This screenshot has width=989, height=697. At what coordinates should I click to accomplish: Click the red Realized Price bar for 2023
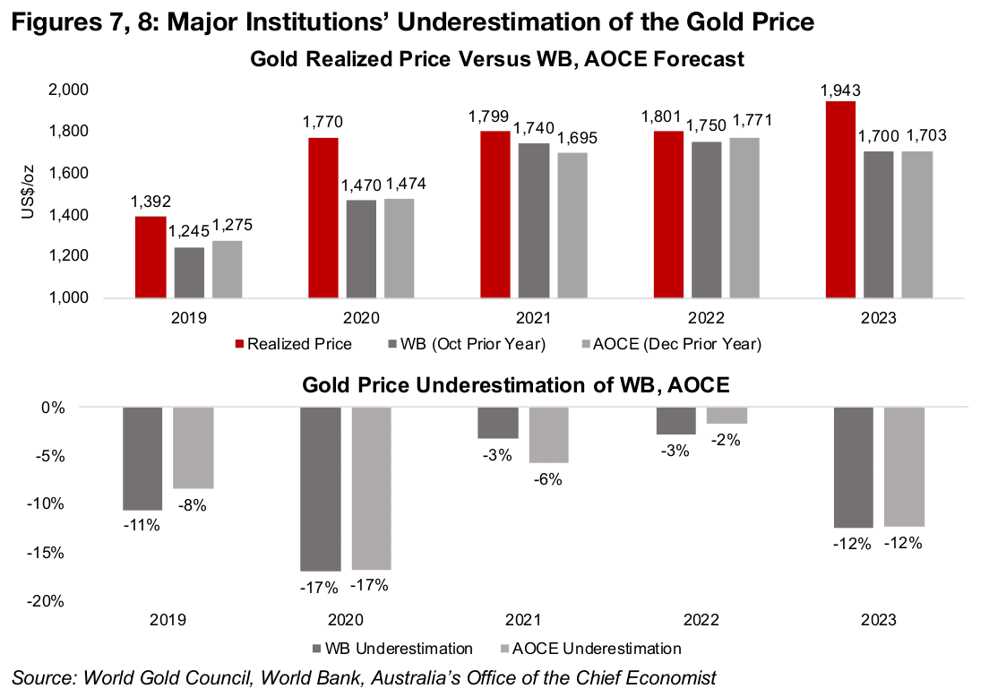coord(841,199)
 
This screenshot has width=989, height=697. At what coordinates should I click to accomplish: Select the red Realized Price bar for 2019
coord(150,256)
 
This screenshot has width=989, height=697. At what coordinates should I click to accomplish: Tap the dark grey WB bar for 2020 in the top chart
coord(361,248)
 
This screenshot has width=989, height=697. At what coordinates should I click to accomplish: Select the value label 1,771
coord(753,119)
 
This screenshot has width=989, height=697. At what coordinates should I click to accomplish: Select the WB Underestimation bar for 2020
coord(320,488)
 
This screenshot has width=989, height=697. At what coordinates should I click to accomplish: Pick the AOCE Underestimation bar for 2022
coord(727,416)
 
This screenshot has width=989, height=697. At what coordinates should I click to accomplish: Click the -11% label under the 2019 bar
coord(142,526)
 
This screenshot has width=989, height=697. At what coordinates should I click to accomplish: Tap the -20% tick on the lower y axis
coord(46,601)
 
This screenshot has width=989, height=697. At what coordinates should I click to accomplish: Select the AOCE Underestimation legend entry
coord(597,648)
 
